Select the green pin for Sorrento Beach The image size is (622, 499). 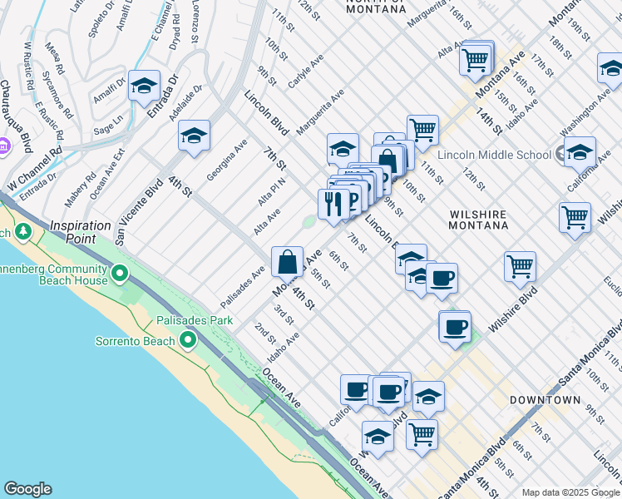[188, 340]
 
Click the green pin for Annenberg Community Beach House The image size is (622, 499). [120, 273]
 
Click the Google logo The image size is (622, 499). [27, 489]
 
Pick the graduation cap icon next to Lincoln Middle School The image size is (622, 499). [580, 152]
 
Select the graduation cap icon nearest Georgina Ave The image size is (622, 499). [194, 136]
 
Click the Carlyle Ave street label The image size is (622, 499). [305, 75]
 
